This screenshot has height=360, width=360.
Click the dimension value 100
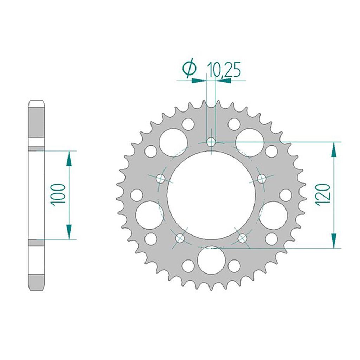coord(58,195)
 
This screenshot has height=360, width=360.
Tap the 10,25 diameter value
coord(224,69)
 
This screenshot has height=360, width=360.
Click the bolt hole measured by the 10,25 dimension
coord(211,142)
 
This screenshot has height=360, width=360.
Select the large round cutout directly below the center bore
coord(211,260)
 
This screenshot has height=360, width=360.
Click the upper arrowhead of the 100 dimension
coord(69,159)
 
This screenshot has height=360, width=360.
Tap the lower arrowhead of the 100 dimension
coord(69,232)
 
